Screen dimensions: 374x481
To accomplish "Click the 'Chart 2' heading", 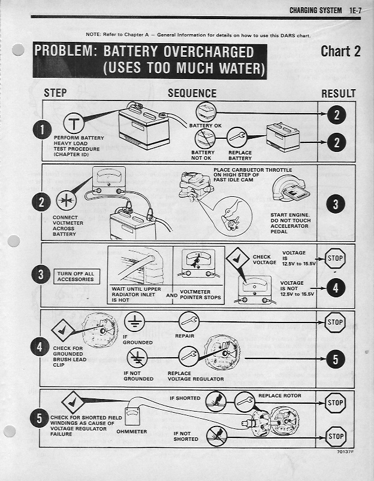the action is click(x=340, y=51).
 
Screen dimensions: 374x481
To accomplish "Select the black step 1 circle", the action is click(x=42, y=129).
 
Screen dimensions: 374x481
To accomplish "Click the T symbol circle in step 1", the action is click(x=74, y=124).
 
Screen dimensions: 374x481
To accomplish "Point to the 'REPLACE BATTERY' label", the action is click(x=240, y=156).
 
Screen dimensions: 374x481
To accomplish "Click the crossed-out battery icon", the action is click(x=204, y=139).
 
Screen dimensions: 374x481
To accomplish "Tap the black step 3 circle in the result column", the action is click(x=336, y=204).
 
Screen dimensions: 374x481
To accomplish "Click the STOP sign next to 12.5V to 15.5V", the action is click(x=335, y=258).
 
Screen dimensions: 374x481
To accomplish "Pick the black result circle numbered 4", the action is click(x=336, y=288).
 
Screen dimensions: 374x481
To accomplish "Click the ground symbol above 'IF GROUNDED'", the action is click(x=134, y=321).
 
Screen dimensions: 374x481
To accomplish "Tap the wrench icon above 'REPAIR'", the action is click(x=189, y=321).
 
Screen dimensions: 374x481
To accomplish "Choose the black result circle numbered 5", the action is click(x=336, y=359).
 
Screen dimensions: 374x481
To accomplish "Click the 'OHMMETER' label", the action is click(x=131, y=431).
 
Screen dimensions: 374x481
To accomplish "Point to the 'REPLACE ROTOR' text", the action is click(x=280, y=395).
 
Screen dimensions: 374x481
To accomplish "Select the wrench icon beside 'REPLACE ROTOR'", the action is click(x=245, y=401).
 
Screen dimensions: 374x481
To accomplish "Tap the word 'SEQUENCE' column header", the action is click(x=192, y=93).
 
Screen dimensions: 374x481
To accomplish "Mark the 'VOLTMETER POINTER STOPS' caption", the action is click(x=200, y=294).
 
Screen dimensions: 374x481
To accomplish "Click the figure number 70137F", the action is click(x=345, y=452).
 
